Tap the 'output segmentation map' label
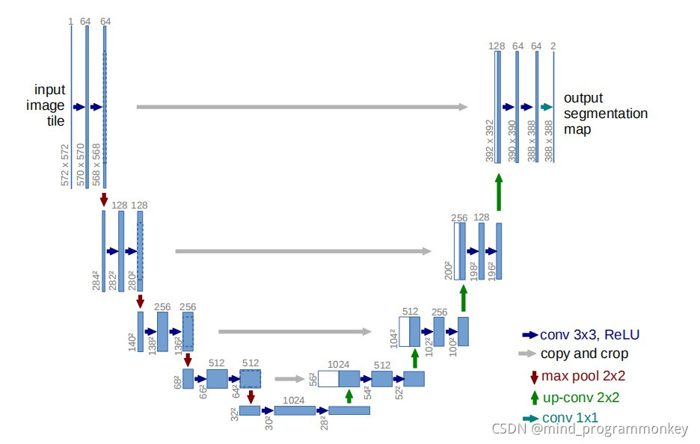tap(605, 114)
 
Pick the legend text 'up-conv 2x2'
tap(580, 397)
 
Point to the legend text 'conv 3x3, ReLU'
tap(589, 334)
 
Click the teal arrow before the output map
tap(546, 107)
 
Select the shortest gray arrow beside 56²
tap(290, 378)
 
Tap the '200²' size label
tap(448, 270)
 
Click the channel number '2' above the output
tap(553, 46)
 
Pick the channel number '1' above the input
tap(70, 22)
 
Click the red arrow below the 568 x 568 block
tap(104, 199)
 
